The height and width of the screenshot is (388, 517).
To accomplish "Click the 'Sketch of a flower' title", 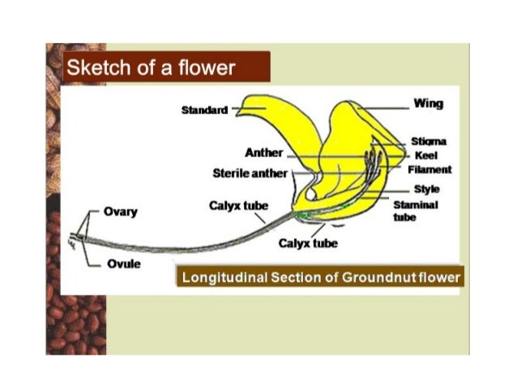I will [x=151, y=66].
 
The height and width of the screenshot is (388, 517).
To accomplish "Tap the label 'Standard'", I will [x=204, y=110].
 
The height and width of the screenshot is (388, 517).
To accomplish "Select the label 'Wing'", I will [x=428, y=104].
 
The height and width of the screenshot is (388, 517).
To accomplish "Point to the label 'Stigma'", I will [x=429, y=142].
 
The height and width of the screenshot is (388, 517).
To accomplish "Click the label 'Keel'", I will [x=426, y=156].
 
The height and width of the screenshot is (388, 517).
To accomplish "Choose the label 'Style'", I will [x=426, y=188].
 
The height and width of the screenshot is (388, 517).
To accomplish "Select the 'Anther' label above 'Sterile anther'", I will [x=263, y=153].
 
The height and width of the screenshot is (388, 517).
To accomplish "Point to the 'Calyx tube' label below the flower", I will [x=308, y=242].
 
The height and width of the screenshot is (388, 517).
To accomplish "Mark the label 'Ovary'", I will [x=120, y=212].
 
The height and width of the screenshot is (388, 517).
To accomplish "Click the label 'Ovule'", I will [x=119, y=264].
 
